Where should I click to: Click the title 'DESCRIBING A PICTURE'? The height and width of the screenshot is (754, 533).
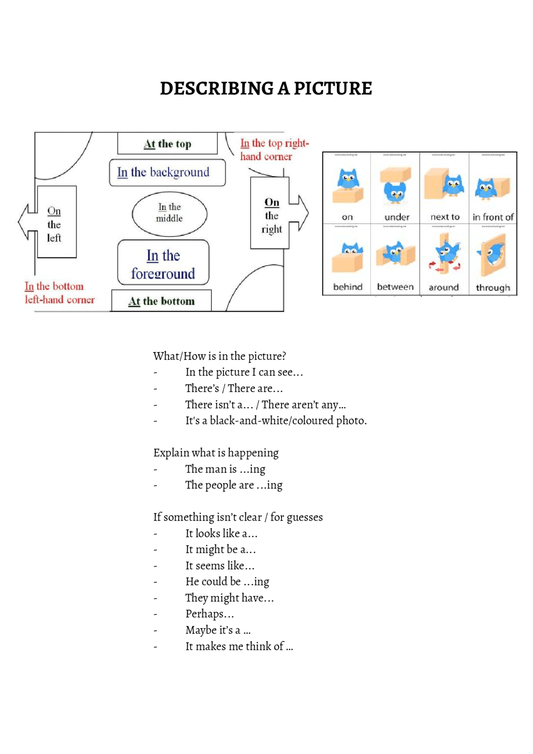266,88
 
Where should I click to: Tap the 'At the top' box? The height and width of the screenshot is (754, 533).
167,144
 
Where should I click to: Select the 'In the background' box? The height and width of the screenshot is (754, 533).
167,172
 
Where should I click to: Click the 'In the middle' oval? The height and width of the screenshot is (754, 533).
169,213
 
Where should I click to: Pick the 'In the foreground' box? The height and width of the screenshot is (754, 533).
163,263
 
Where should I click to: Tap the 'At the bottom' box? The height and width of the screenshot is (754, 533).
162,301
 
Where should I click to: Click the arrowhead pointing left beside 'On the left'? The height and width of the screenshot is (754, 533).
23,222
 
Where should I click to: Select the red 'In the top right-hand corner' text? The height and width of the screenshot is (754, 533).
274,150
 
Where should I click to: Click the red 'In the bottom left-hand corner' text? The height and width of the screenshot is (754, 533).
59,292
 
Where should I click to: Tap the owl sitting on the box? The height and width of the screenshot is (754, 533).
348,179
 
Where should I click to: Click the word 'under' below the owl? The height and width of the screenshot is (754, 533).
396,217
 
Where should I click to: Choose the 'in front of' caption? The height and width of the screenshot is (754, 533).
493,217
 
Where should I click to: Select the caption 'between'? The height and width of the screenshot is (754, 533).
395,287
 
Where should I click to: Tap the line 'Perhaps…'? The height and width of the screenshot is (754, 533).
209,614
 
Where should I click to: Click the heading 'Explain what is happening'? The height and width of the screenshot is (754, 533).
216,452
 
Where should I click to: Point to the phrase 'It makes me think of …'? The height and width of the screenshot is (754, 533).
239,646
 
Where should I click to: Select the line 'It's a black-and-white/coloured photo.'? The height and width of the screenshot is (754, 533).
276,420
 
